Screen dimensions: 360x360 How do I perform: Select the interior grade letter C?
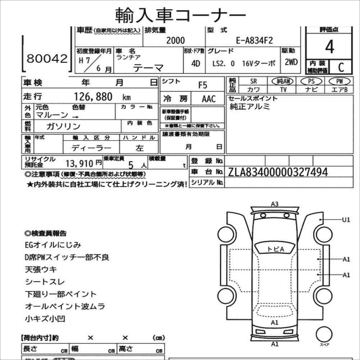[x=340, y=67]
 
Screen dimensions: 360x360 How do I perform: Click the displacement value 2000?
[x=175, y=41]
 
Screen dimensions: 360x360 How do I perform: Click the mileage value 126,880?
[x=93, y=97]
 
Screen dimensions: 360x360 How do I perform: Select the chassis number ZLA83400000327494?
[x=278, y=172]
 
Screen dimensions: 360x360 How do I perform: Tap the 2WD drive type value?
[x=291, y=62]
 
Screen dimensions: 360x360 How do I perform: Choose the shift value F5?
[x=203, y=85]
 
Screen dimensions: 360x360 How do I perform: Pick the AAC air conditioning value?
[x=208, y=99]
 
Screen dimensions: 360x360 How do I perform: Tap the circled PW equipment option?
[x=338, y=82]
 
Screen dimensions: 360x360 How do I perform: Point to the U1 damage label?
[x=346, y=220]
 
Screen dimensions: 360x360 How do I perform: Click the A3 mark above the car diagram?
[x=274, y=204]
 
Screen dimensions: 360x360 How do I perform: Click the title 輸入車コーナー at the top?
[x=180, y=15]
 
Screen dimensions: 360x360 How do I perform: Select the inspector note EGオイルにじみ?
[x=53, y=245]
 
